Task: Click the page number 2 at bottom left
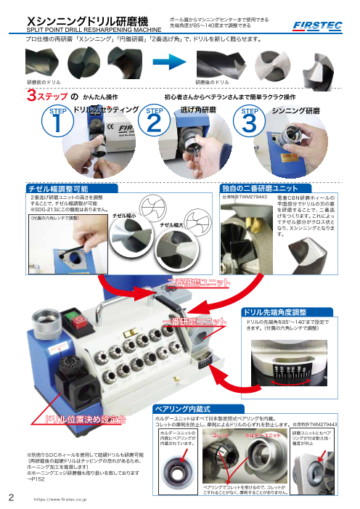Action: click(11, 497)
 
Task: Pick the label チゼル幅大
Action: click(172, 226)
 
